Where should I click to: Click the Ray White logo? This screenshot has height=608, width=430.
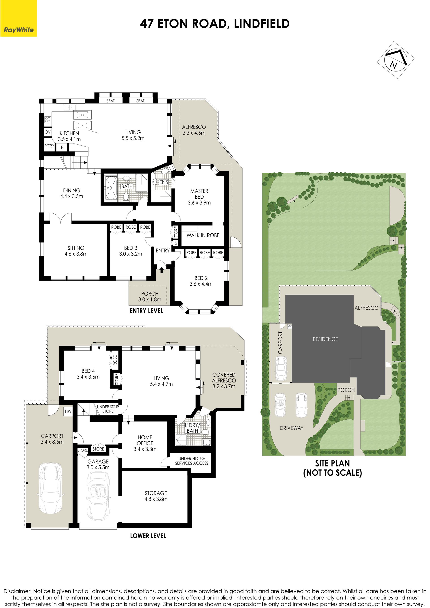(19, 18)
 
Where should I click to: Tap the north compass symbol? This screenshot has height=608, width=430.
(396, 60)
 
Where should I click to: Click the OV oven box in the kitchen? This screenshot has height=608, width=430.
(48, 132)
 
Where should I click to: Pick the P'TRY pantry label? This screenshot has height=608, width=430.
(49, 146)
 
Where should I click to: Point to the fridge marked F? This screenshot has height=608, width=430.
(62, 147)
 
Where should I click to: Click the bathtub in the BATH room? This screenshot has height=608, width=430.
(111, 187)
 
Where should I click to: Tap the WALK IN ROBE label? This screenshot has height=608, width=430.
(203, 235)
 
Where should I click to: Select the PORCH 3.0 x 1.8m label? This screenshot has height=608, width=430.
(150, 296)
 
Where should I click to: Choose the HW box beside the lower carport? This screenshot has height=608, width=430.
(68, 411)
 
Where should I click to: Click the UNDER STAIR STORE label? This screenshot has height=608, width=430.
(108, 409)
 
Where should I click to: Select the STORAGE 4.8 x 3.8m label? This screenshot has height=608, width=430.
(156, 496)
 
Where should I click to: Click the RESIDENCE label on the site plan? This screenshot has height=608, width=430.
(325, 339)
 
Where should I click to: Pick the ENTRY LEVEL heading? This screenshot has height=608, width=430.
(146, 311)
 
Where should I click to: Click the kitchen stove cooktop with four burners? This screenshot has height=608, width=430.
(48, 119)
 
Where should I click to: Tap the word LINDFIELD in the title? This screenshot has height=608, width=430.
(262, 24)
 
